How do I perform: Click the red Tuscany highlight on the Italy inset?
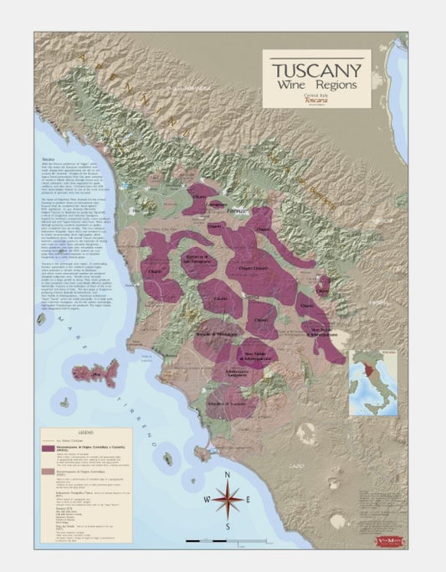coord(372,372)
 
